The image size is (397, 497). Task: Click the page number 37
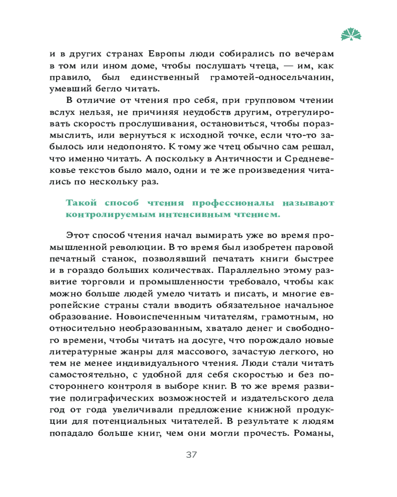click(x=192, y=455)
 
